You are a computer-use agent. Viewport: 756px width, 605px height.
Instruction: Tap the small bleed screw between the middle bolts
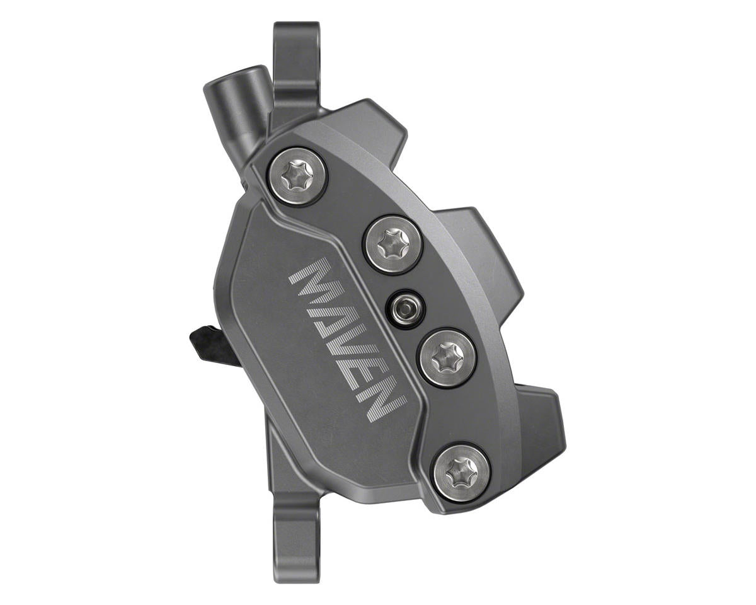point(406,309)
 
